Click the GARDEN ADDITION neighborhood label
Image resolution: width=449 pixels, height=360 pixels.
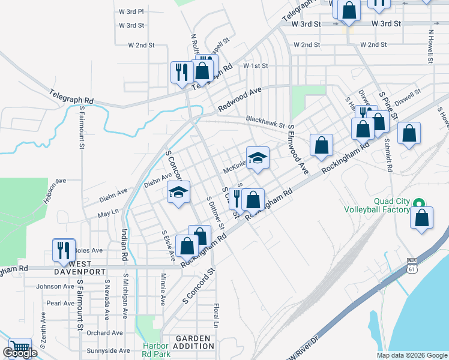[193, 343]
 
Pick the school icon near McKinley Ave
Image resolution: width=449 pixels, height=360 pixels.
[258, 158]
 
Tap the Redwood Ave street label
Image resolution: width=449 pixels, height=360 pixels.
[240, 98]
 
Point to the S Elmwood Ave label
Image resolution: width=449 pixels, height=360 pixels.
[298, 150]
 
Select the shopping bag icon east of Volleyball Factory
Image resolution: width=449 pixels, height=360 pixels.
[422, 219]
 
